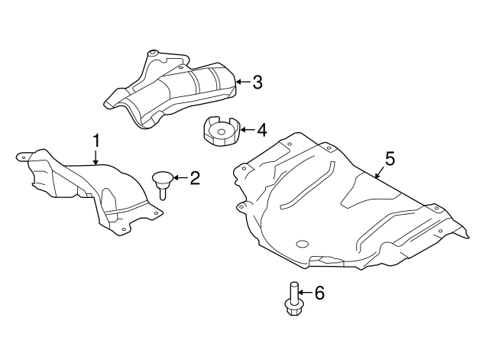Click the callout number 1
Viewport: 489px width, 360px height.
click(x=97, y=141)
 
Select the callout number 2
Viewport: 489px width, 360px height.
click(x=195, y=179)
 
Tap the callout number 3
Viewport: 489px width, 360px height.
click(x=257, y=82)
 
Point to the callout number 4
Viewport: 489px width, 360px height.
click(x=261, y=131)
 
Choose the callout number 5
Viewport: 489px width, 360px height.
click(x=390, y=159)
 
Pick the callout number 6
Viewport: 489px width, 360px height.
click(x=319, y=292)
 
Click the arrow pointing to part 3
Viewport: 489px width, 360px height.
click(x=241, y=82)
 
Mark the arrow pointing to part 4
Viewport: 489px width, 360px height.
click(x=244, y=131)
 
